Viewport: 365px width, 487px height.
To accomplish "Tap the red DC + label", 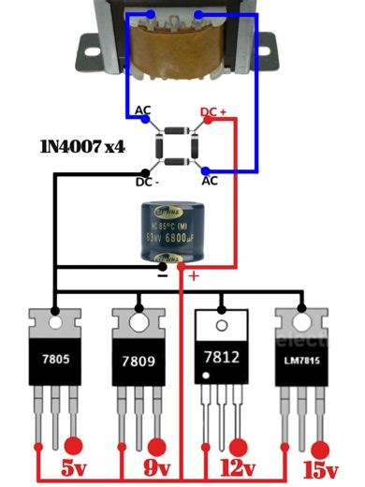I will [214, 112].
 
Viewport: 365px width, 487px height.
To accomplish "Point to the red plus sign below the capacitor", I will [194, 276].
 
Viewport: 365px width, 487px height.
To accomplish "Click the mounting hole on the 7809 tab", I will [141, 324].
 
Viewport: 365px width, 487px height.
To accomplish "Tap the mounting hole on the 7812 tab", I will [223, 324].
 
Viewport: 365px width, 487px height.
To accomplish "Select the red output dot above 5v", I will [72, 445].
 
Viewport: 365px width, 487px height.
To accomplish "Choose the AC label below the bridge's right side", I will [211, 180].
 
